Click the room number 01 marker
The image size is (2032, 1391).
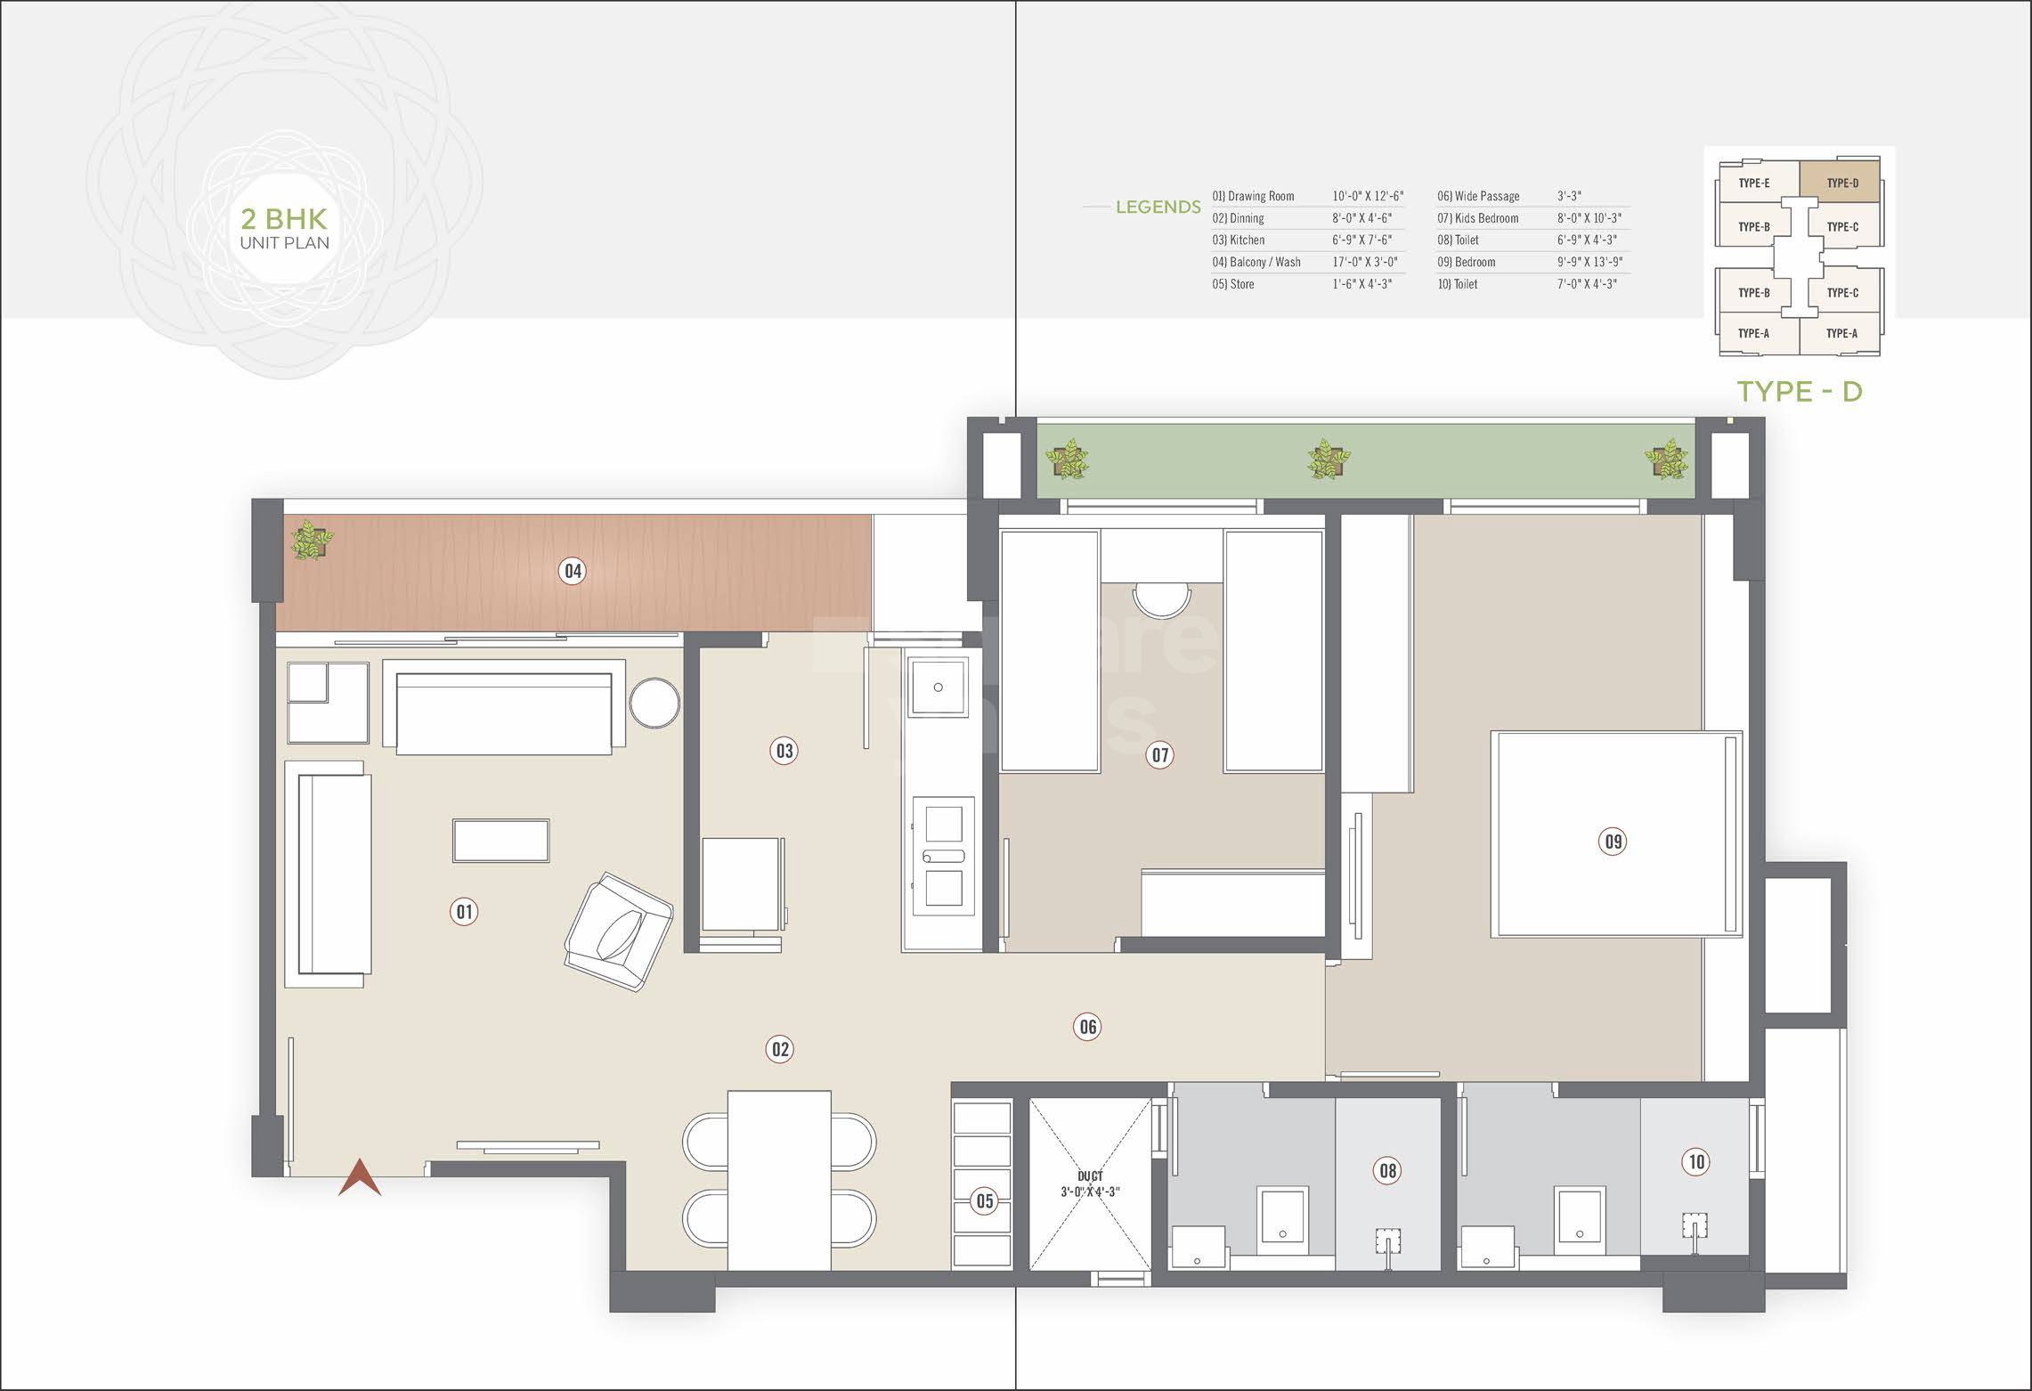(x=464, y=911)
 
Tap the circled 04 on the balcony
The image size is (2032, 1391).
(x=573, y=571)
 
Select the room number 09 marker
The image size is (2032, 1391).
(x=1613, y=841)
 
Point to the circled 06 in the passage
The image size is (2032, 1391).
(x=1087, y=1027)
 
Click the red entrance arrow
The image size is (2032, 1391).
(x=360, y=1177)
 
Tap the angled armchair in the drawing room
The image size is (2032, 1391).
(x=618, y=931)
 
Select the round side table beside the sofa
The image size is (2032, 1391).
(x=654, y=704)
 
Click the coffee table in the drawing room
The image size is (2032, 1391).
(x=500, y=840)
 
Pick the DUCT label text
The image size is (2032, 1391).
(x=1090, y=1176)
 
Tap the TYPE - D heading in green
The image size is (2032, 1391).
(x=1800, y=391)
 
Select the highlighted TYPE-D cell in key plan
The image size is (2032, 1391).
(x=1841, y=183)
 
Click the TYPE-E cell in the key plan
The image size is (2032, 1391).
(x=1753, y=183)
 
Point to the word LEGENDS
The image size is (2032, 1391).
(x=1158, y=207)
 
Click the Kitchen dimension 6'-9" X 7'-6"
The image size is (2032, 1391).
(x=1361, y=240)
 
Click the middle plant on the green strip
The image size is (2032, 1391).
(x=1328, y=460)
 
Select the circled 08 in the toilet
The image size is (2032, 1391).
(x=1387, y=1170)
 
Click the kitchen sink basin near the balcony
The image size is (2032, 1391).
(x=938, y=687)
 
